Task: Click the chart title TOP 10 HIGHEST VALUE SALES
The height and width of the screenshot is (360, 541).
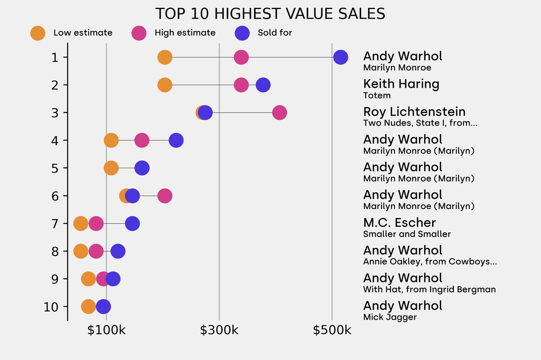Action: [x=270, y=14]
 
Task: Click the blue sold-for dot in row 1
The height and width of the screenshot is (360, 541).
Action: [x=341, y=57]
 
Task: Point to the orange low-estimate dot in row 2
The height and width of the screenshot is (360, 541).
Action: [x=165, y=85]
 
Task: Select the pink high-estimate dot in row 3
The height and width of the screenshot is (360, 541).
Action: [x=279, y=112]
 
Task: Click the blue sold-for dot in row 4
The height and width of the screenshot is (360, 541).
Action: [x=176, y=140]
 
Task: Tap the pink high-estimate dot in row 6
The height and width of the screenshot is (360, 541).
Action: [x=165, y=196]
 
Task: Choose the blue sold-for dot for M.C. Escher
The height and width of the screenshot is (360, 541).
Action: [x=132, y=223]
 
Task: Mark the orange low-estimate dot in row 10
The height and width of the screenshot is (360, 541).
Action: [x=88, y=307]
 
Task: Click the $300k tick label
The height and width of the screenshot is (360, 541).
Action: [x=219, y=331]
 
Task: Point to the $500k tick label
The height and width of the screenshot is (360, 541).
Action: [x=332, y=331]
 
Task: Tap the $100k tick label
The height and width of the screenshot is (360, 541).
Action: [x=106, y=331]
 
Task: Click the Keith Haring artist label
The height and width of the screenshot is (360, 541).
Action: [x=401, y=84]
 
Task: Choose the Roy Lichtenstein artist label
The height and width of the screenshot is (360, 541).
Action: [x=414, y=111]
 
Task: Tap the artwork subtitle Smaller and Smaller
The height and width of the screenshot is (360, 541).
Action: [x=407, y=234]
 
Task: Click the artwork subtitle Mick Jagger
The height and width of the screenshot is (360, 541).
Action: [x=390, y=317]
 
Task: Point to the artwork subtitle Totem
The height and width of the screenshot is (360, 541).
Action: [x=377, y=96]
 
